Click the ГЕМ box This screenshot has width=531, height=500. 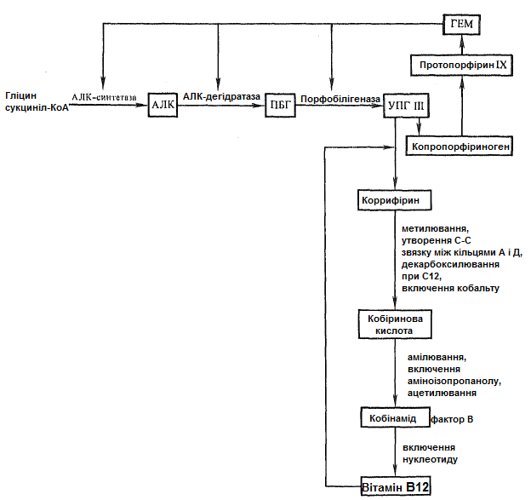[461, 25]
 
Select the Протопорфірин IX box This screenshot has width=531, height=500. [461, 65]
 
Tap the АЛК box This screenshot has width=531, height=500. [163, 105]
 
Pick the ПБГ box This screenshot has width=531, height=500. [280, 106]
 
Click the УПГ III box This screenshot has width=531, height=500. [406, 106]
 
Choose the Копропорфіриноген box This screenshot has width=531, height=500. [460, 147]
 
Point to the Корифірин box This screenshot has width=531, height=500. [395, 200]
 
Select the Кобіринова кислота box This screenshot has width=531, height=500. [395, 325]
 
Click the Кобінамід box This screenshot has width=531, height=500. [395, 417]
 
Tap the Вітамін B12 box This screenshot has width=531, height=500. [396, 486]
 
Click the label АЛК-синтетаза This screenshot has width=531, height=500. [104, 97]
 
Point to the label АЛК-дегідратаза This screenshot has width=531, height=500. [221, 96]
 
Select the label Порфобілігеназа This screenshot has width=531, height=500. [340, 99]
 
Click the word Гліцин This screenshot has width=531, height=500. [21, 96]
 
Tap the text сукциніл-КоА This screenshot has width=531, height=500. [37, 108]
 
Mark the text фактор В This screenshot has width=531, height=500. [452, 419]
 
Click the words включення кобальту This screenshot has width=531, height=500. [450, 288]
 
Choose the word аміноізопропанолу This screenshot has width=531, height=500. [454, 381]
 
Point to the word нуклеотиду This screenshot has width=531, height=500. [430, 460]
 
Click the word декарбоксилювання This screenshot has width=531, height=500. [450, 264]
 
